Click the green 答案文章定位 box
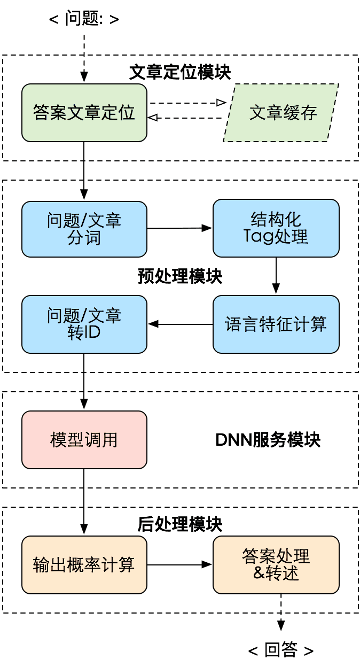(x=84, y=113)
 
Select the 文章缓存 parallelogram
(x=281, y=113)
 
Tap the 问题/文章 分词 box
(x=84, y=229)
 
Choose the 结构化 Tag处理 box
(x=276, y=228)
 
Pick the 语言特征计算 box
(x=276, y=324)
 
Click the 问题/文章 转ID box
(x=84, y=323)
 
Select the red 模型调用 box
(x=84, y=439)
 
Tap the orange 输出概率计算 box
(x=84, y=565)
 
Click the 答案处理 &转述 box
(x=276, y=564)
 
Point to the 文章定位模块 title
(x=180, y=73)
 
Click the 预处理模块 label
(x=180, y=276)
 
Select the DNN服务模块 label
(x=268, y=440)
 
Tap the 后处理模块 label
(x=180, y=524)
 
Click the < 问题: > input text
(x=84, y=19)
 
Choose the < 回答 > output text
(x=281, y=650)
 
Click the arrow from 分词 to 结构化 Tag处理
(x=179, y=228)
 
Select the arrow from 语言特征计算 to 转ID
(x=180, y=324)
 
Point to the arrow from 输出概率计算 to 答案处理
(x=179, y=564)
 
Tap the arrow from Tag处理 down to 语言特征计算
(x=276, y=275)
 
